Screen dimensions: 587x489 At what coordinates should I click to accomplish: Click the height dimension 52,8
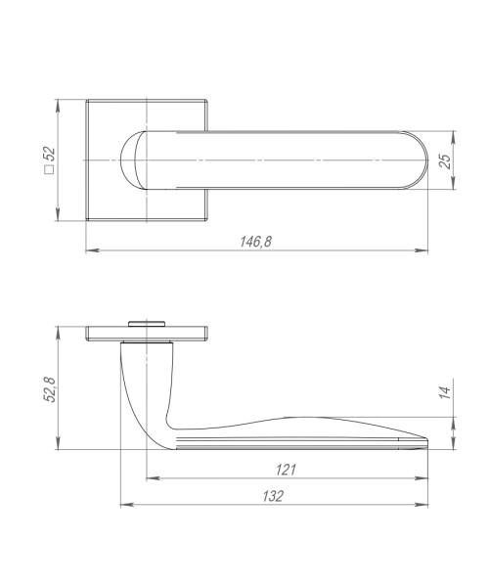pos(51,387)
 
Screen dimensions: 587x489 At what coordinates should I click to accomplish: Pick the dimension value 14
pos(443,392)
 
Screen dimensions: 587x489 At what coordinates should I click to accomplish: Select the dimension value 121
pos(286,470)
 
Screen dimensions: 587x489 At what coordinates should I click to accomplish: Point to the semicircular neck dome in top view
pos(132,159)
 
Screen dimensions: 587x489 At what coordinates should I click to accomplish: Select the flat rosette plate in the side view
pos(147,332)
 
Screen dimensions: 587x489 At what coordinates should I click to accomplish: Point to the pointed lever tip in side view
pos(425,440)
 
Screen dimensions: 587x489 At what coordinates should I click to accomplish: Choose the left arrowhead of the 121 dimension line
pos(149,479)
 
